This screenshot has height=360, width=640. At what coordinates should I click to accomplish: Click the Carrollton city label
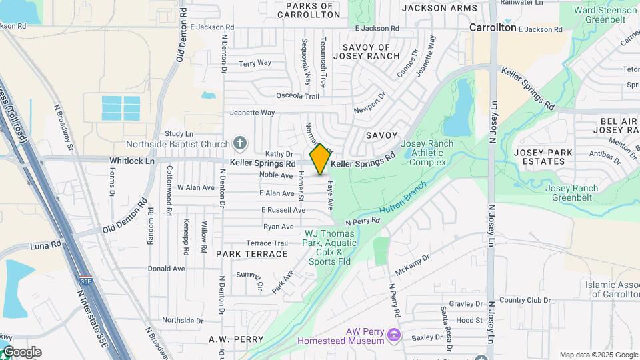pyautogui.click(x=493, y=28)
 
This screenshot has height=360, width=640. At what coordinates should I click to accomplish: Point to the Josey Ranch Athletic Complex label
pyautogui.click(x=427, y=153)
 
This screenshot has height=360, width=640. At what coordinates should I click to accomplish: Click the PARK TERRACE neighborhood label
pyautogui.click(x=251, y=254)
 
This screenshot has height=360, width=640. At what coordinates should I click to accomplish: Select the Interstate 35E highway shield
pyautogui.click(x=85, y=283)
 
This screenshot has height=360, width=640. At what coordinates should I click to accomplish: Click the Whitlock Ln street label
pyautogui.click(x=131, y=161)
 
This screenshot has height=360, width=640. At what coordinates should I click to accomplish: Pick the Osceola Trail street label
pyautogui.click(x=293, y=96)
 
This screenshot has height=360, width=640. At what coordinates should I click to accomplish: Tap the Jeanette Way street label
pyautogui.click(x=252, y=113)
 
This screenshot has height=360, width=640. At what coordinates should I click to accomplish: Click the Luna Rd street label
pyautogui.click(x=45, y=246)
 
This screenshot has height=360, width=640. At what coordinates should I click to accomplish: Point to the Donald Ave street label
pyautogui.click(x=166, y=269)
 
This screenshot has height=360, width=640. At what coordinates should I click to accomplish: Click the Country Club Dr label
pyautogui.click(x=521, y=300)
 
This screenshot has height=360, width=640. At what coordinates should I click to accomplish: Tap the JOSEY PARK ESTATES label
pyautogui.click(x=543, y=157)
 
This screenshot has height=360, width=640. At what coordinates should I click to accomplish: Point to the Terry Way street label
pyautogui.click(x=255, y=63)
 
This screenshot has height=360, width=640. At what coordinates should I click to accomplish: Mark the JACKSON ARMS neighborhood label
pyautogui.click(x=440, y=8)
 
